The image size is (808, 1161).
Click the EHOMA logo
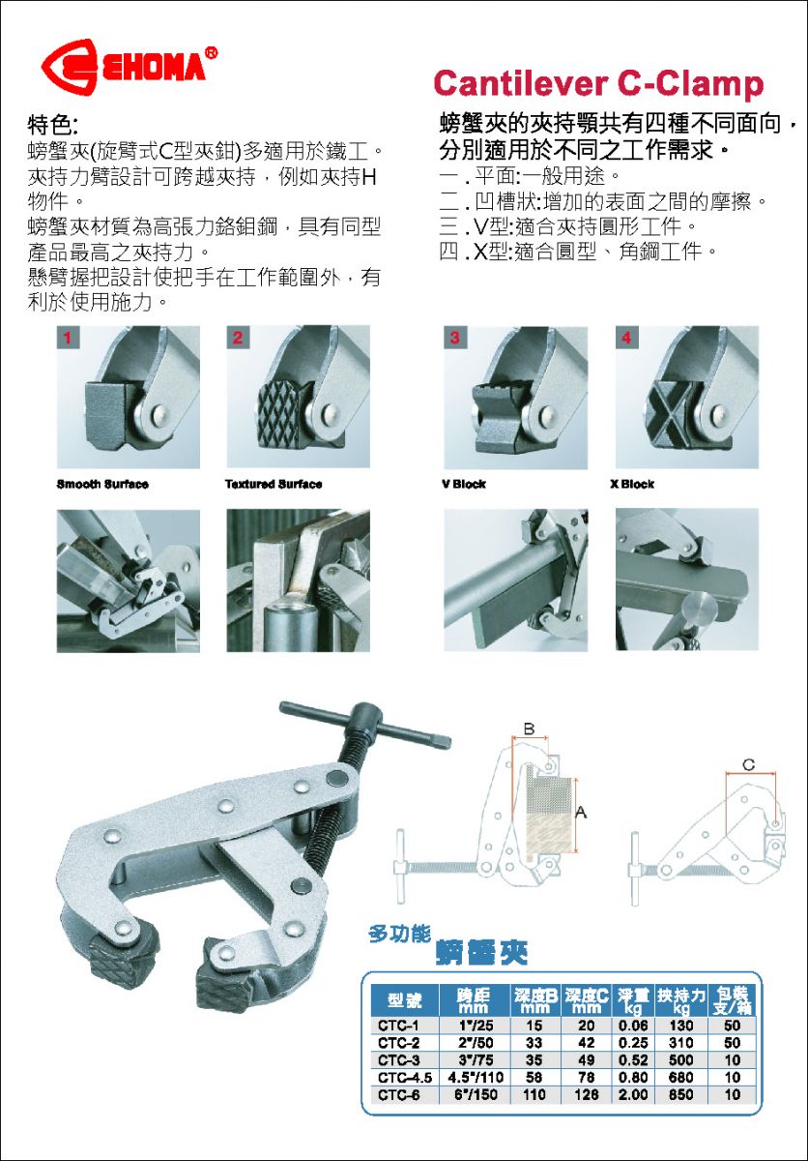pyautogui.click(x=130, y=67)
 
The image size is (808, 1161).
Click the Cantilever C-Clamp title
pyautogui.click(x=598, y=84)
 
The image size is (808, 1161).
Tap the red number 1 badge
pyautogui.click(x=68, y=338)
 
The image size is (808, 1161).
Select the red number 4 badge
pyautogui.click(x=626, y=338)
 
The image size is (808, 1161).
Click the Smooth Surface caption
pyautogui.click(x=102, y=484)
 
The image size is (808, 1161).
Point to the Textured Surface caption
pyautogui.click(x=274, y=484)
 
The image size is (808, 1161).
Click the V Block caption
pyautogui.click(x=464, y=484)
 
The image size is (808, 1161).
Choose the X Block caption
pyautogui.click(x=632, y=484)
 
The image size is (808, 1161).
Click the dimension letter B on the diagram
pyautogui.click(x=529, y=729)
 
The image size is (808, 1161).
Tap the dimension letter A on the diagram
pyautogui.click(x=581, y=812)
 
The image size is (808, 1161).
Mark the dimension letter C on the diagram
pyautogui.click(x=748, y=765)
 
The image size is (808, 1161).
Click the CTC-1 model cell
pyautogui.click(x=398, y=1026)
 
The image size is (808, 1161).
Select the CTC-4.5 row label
pyautogui.click(x=405, y=1078)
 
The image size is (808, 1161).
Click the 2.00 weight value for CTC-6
pyautogui.click(x=633, y=1094)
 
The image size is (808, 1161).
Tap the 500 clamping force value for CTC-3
pyautogui.click(x=680, y=1060)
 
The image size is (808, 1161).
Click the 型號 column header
pyautogui.click(x=405, y=1000)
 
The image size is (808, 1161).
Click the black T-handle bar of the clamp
pyautogui.click(x=365, y=723)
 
